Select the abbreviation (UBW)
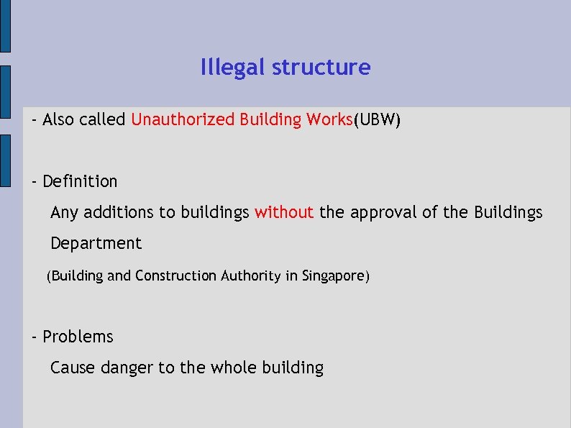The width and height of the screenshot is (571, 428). (x=377, y=119)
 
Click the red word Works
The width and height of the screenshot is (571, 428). (x=329, y=119)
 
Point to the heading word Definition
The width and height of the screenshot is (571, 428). (x=80, y=181)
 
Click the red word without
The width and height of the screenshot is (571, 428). (x=284, y=212)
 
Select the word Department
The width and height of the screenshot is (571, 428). (x=96, y=243)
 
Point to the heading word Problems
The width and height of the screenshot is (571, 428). (x=78, y=337)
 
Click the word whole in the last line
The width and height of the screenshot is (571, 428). (x=232, y=368)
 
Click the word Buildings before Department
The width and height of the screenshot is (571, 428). (x=508, y=212)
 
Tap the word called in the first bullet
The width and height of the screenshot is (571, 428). (x=102, y=119)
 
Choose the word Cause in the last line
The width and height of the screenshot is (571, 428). (x=73, y=368)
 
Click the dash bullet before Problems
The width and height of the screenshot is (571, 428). (x=34, y=337)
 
